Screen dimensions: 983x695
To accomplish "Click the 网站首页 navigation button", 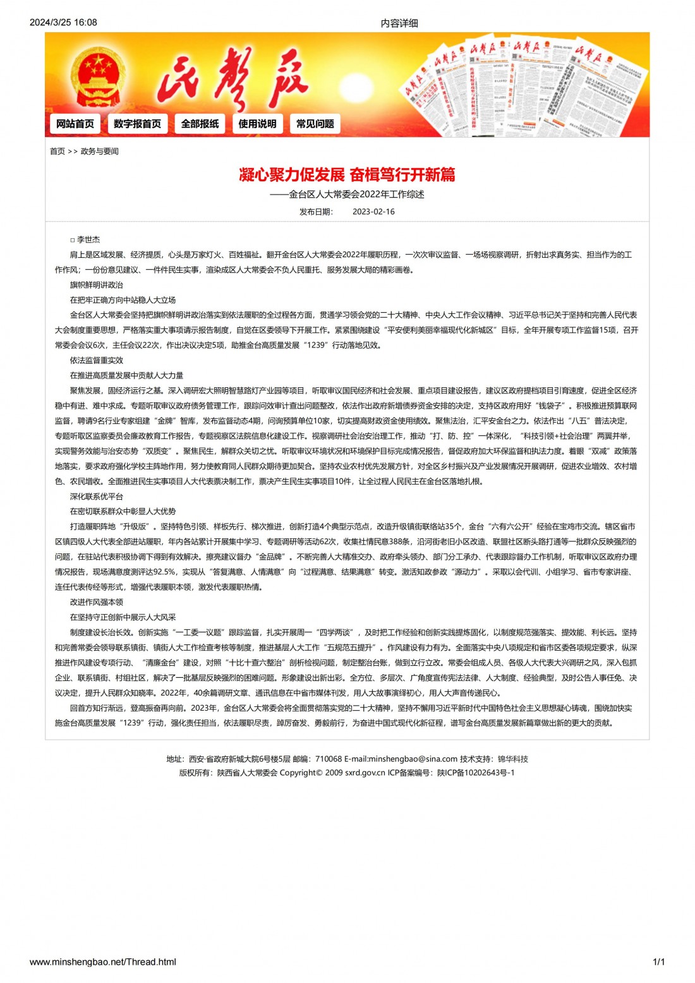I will click(x=75, y=124).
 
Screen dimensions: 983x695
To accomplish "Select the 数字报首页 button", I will click(x=137, y=124).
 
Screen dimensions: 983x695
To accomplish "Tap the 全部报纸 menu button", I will click(x=200, y=124).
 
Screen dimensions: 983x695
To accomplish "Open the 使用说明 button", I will click(x=257, y=124).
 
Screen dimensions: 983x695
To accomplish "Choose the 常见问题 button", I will click(x=315, y=124).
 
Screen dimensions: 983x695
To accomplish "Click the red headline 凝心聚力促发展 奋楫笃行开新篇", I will click(x=347, y=174).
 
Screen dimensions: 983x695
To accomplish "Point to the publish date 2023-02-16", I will click(x=373, y=212).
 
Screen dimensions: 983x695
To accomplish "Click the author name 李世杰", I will click(x=88, y=240).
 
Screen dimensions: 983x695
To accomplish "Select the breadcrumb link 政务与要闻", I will click(x=100, y=152).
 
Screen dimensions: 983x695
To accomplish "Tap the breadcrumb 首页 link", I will click(x=57, y=152).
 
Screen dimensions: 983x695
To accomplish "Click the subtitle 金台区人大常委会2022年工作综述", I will click(x=356, y=195).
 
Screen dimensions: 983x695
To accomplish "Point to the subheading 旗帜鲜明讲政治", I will click(x=97, y=285).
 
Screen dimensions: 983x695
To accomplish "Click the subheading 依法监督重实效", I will click(x=97, y=360).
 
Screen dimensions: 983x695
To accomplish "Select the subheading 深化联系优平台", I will click(x=97, y=497).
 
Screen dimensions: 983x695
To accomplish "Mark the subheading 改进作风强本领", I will click(x=97, y=602).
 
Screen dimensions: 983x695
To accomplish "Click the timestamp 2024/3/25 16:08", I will click(x=63, y=23).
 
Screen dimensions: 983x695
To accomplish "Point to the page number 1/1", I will click(x=658, y=962).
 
